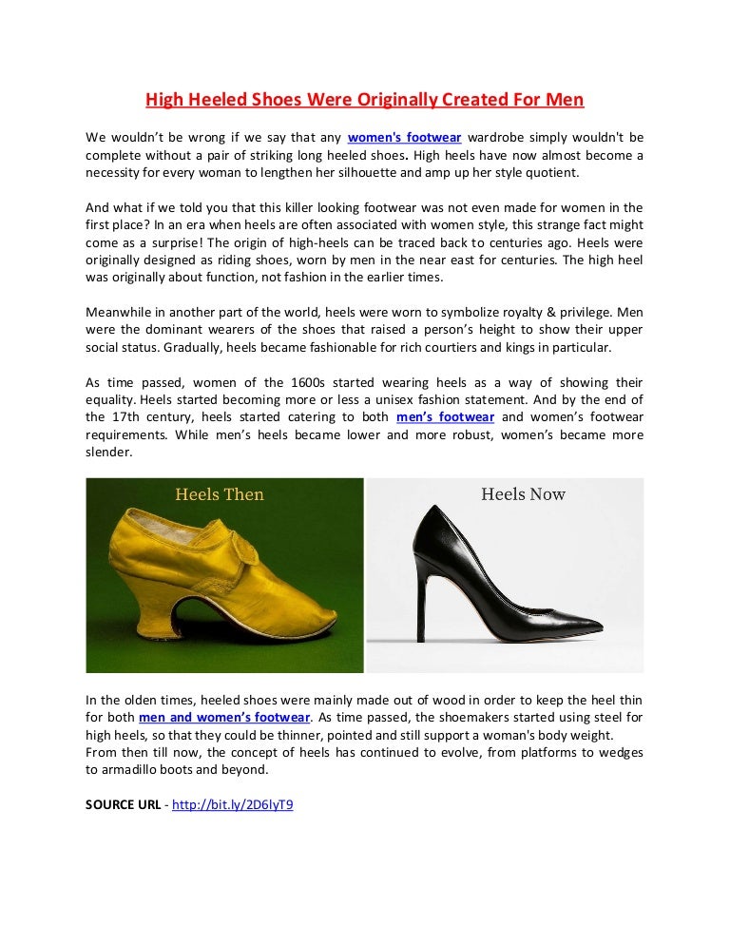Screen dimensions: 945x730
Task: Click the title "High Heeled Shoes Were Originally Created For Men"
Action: click(364, 99)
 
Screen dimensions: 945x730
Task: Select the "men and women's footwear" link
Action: click(224, 717)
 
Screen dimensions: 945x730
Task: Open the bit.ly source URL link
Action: click(240, 804)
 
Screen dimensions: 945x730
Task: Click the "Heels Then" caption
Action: click(220, 494)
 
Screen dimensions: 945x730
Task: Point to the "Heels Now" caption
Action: click(523, 494)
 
